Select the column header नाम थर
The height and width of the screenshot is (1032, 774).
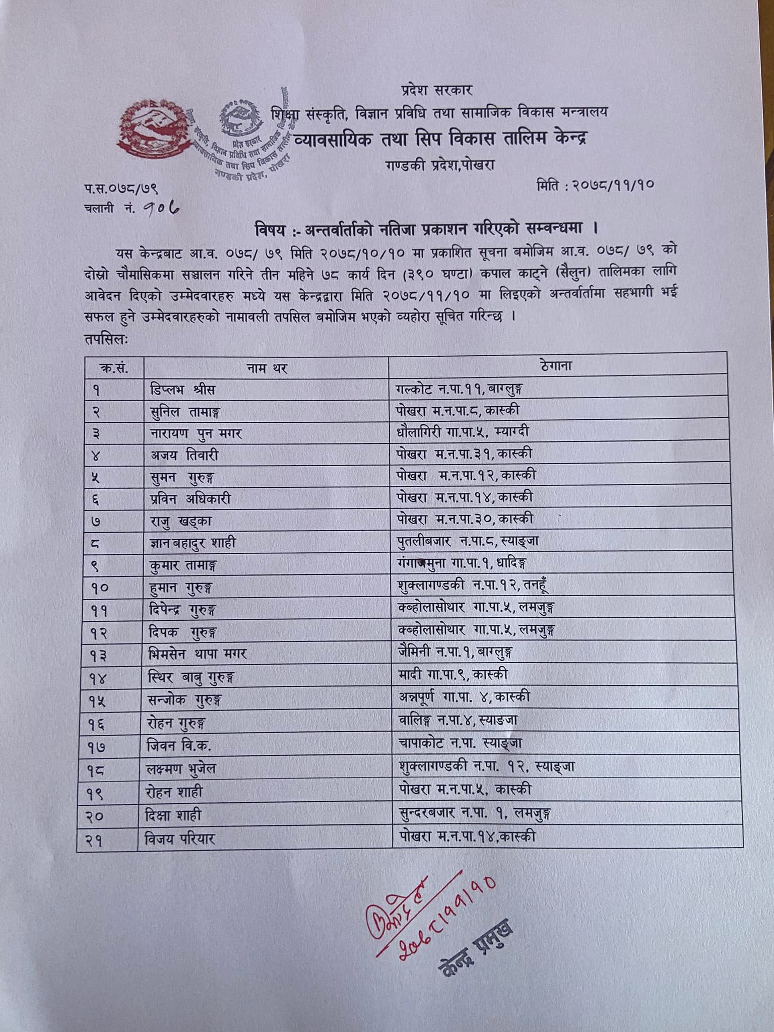coord(267,368)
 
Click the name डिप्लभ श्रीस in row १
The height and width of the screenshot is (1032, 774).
coord(183,390)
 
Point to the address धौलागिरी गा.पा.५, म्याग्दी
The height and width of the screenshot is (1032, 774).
coord(462,432)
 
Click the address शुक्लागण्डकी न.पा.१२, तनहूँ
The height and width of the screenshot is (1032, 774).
coord(472,586)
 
